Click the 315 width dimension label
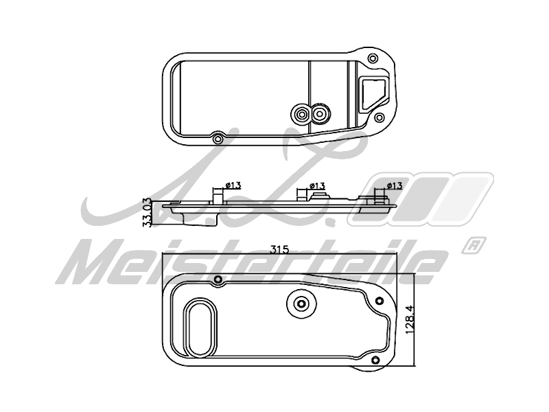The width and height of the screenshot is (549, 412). [x=279, y=249]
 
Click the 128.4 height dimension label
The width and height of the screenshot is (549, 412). [x=410, y=319]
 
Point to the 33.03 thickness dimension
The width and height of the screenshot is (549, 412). [x=148, y=212]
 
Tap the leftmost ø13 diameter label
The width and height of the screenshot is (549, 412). [x=233, y=185]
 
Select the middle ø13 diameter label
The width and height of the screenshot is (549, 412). [x=318, y=185]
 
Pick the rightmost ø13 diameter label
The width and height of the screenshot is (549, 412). [x=395, y=185]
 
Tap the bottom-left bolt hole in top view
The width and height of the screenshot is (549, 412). [x=218, y=139]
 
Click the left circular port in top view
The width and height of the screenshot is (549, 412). [x=301, y=114]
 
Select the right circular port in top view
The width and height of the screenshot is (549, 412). [x=320, y=113]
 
